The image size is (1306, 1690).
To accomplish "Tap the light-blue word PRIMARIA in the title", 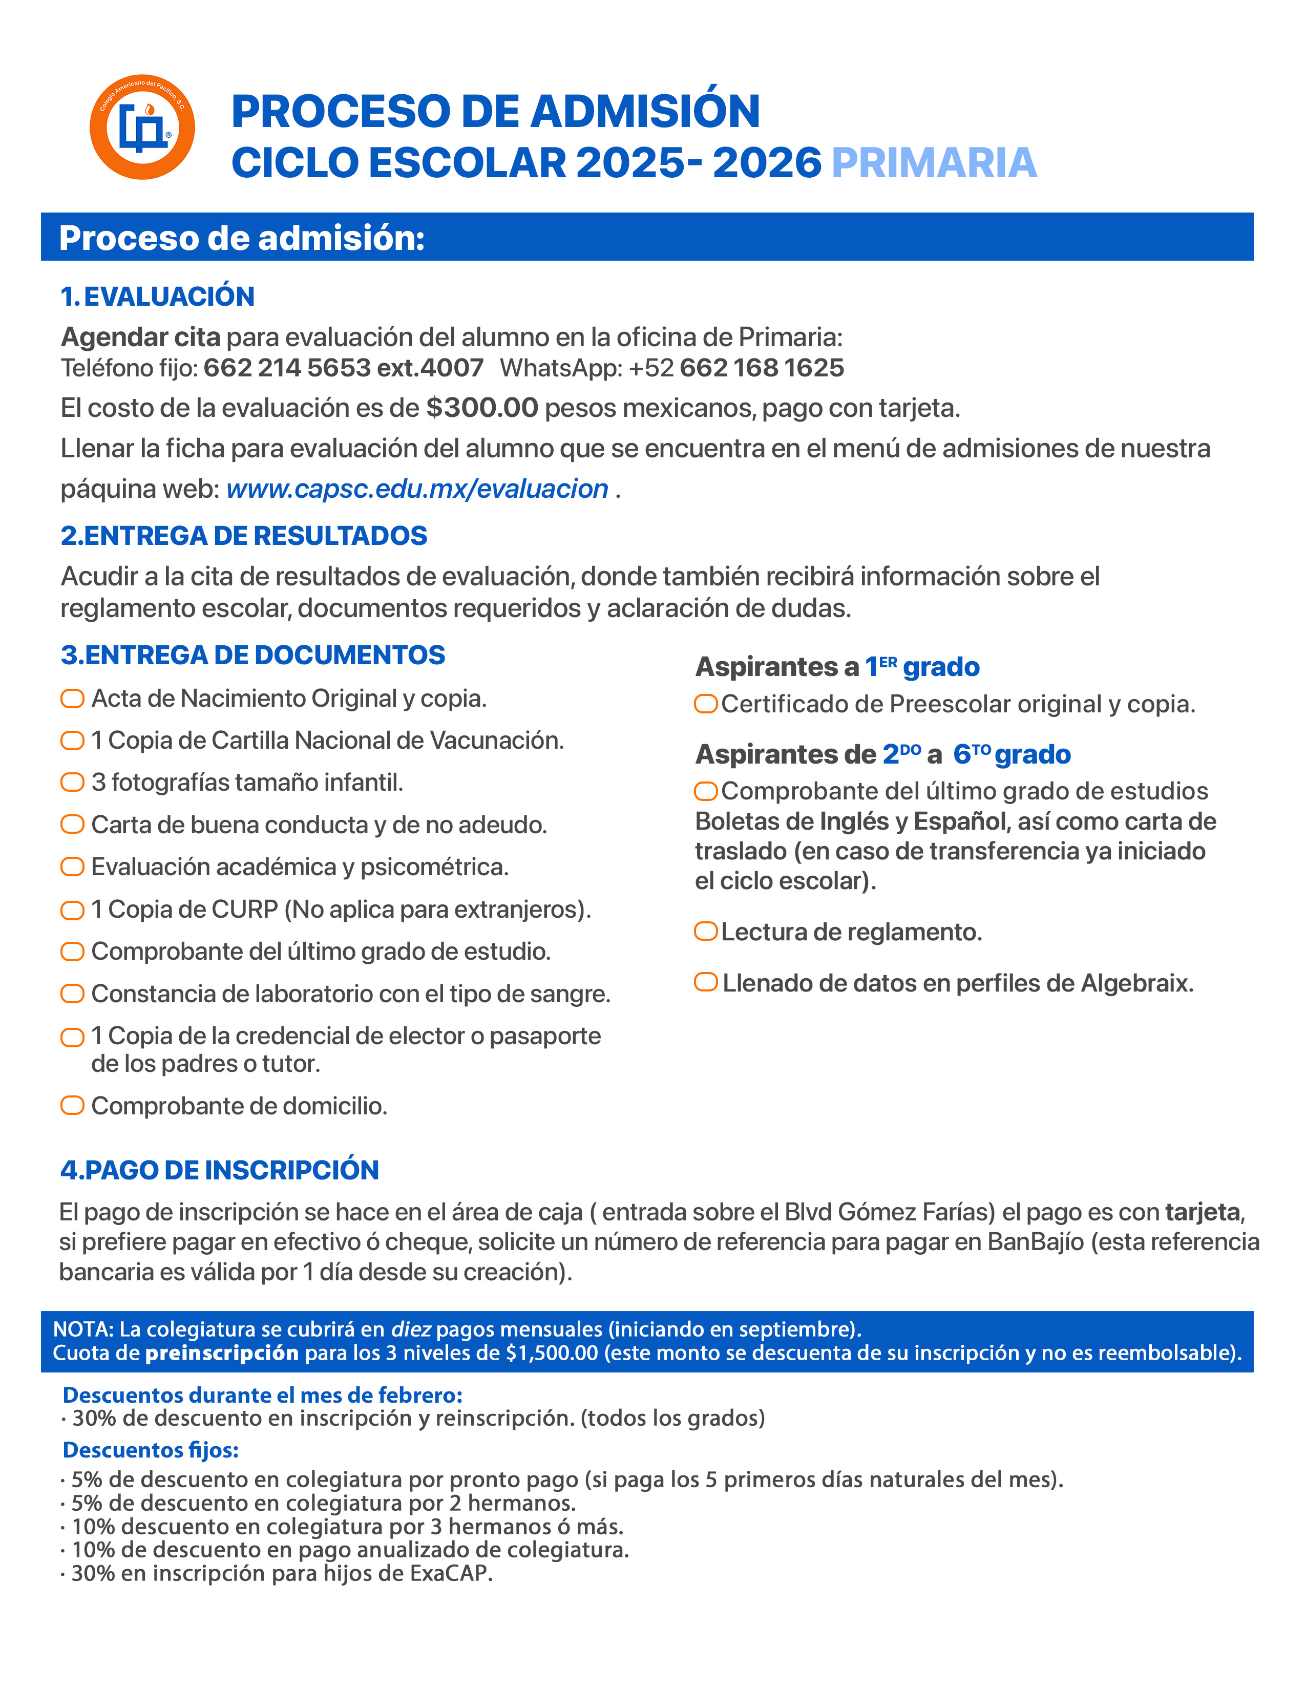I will pyautogui.click(x=933, y=163).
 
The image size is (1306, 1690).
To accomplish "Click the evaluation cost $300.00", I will pyautogui.click(x=482, y=408).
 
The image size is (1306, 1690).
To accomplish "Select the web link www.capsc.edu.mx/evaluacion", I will pyautogui.click(x=417, y=489).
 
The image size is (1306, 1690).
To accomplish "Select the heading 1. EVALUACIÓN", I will pyautogui.click(x=158, y=297).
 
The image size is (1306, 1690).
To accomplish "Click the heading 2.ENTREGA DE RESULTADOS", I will pyautogui.click(x=244, y=536).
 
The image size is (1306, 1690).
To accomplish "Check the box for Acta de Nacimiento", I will pyautogui.click(x=73, y=699).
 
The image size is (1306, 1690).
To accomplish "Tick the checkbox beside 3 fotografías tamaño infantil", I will pyautogui.click(x=73, y=783).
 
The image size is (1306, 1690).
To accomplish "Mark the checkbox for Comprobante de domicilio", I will pyautogui.click(x=73, y=1105).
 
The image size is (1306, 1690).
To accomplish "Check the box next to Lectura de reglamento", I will pyautogui.click(x=706, y=932).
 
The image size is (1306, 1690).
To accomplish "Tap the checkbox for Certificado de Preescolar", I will pyautogui.click(x=706, y=704).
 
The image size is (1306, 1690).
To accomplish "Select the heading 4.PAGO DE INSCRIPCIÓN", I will pyautogui.click(x=220, y=1170).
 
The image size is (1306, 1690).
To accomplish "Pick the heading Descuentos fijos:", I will pyautogui.click(x=151, y=1450).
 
